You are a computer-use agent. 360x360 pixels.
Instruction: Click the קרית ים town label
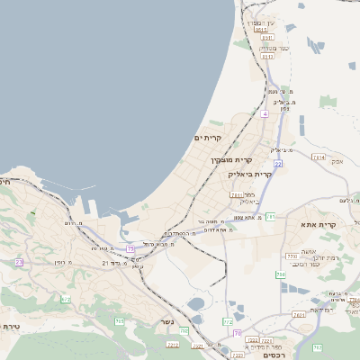pyautogui.click(x=208, y=138)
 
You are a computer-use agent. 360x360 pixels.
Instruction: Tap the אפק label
pyautogui.click(x=337, y=161)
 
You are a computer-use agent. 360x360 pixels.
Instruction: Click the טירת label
pyautogui.click(x=12, y=326)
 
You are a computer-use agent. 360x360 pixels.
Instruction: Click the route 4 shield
pyautogui.click(x=265, y=114)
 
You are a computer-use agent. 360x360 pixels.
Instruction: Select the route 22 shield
pyautogui.click(x=279, y=164)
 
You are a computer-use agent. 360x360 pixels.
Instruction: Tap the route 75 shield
pyautogui.click(x=130, y=247)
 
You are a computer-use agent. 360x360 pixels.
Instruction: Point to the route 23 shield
pyautogui.click(x=19, y=262)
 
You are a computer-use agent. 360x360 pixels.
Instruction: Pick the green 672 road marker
pyautogui.click(x=66, y=299)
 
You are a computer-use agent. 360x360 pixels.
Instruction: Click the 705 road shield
pyautogui.click(x=184, y=331)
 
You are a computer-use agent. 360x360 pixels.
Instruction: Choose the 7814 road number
pyautogui.click(x=318, y=157)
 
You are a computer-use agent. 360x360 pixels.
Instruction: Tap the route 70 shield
pyautogui.click(x=236, y=333)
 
